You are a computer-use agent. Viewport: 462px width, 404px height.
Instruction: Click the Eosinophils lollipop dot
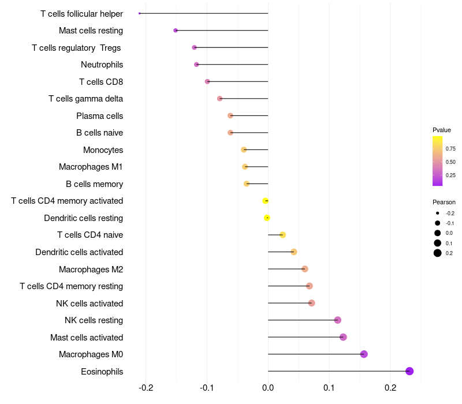tap(409, 371)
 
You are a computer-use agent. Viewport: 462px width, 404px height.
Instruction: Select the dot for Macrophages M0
tap(364, 354)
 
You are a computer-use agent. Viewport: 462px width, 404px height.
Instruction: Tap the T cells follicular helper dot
tap(140, 13)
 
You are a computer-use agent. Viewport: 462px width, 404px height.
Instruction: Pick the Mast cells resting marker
tap(176, 30)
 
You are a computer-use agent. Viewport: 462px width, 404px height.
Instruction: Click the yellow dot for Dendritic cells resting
tap(267, 218)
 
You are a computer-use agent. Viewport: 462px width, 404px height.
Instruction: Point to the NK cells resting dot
tap(338, 320)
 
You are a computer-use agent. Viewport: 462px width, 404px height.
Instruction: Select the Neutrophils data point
tap(196, 64)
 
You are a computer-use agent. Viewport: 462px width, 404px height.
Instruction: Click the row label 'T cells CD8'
tap(101, 82)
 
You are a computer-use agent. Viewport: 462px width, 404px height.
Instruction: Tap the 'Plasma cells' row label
tap(99, 116)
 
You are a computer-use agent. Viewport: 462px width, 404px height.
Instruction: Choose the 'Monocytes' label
tap(103, 150)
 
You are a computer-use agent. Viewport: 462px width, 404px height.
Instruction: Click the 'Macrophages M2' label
tap(91, 270)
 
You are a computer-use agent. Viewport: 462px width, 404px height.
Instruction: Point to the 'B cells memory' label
tap(94, 184)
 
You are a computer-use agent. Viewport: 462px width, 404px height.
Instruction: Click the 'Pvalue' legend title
tap(442, 130)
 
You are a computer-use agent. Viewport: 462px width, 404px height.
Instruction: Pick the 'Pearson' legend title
tap(444, 202)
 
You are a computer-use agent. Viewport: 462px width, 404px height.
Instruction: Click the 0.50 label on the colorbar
tap(450, 162)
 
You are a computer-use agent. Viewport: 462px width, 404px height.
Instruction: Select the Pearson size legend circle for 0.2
tap(438, 253)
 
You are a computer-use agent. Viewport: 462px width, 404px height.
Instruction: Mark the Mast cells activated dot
tap(343, 337)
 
